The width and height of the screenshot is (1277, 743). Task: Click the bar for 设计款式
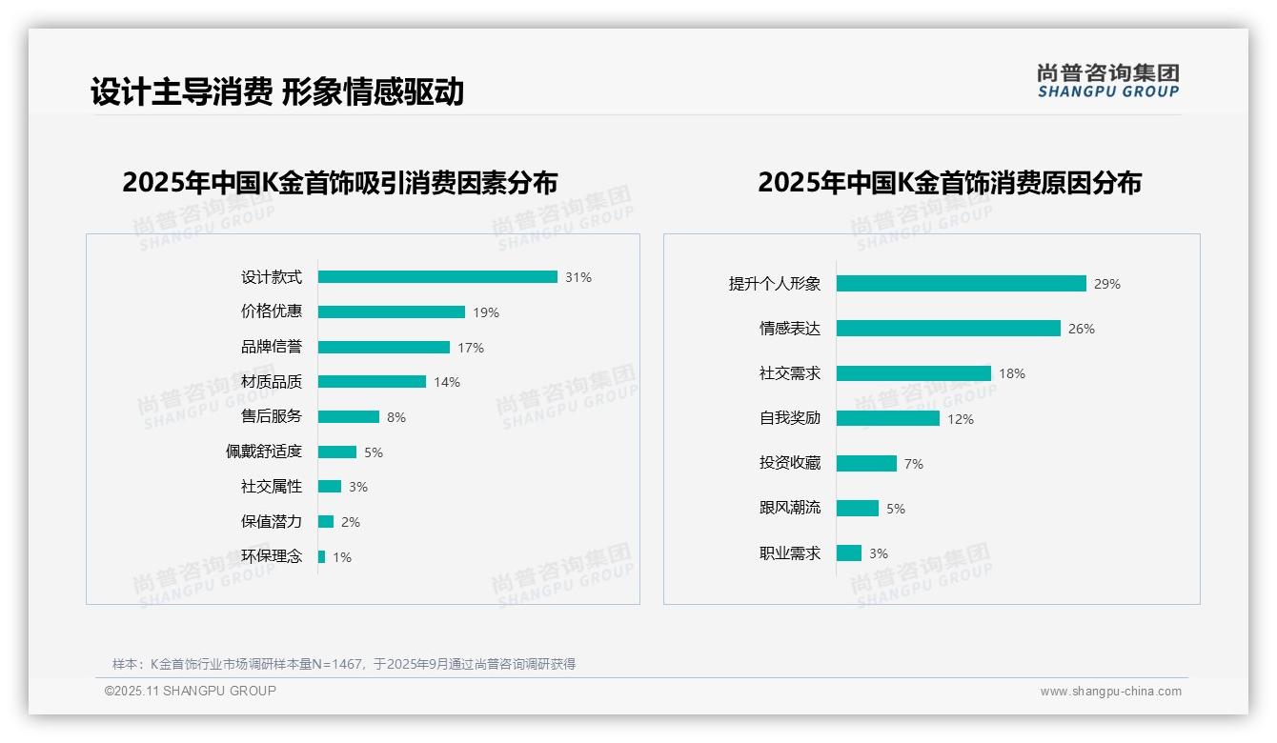[x=437, y=277]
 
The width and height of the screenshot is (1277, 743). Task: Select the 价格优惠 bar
[x=392, y=312]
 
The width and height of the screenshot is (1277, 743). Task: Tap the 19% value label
[x=486, y=312]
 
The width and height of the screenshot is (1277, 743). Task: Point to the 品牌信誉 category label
[x=272, y=347]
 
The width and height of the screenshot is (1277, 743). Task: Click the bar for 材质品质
[x=372, y=382]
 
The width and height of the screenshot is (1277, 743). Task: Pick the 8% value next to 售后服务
[x=396, y=417]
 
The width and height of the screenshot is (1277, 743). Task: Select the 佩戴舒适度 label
[x=264, y=452]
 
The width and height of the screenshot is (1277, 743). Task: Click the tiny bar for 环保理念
[x=321, y=556]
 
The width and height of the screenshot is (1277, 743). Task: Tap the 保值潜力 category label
[x=272, y=521]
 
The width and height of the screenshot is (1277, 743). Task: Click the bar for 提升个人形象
[x=962, y=284]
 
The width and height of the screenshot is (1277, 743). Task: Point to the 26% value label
[x=1082, y=329]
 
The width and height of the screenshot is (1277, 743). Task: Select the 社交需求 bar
[x=914, y=373]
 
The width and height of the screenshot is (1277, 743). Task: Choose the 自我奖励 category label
[x=790, y=418]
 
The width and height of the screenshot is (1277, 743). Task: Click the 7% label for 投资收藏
[x=914, y=464]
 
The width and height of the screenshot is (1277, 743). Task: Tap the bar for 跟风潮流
[x=858, y=509]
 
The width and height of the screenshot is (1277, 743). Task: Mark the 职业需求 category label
[x=790, y=553]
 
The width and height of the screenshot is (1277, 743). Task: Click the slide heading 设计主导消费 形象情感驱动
[x=277, y=91]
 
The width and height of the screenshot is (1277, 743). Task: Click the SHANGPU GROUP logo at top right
[x=1108, y=81]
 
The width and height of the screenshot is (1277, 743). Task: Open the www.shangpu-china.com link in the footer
[x=1110, y=692]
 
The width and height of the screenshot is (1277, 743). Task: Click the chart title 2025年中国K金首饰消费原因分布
[x=949, y=183]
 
